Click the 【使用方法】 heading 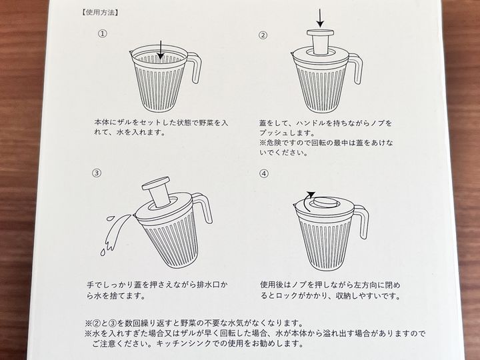pos(100,13)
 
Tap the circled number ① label pos(102,33)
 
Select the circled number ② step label pos(263,35)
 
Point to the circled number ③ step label pos(97,173)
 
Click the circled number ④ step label pos(264,174)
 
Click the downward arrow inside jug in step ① pos(161,49)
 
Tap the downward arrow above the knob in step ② pos(320,19)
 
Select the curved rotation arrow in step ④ pos(307,200)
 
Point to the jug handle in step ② pos(357,69)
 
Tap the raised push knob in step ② pos(320,42)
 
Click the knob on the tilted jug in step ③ pos(157,191)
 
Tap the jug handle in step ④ pos(362,221)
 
